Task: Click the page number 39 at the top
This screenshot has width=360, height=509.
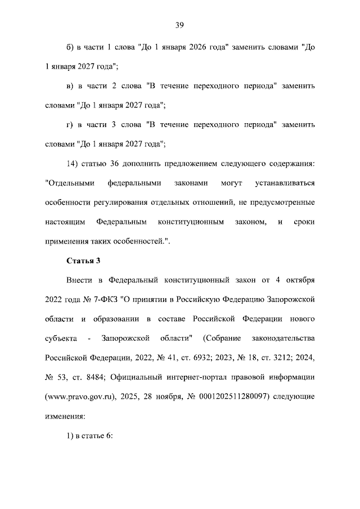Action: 179,25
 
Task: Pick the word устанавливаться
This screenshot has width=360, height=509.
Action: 284,183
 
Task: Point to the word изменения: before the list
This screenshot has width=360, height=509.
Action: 65,416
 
